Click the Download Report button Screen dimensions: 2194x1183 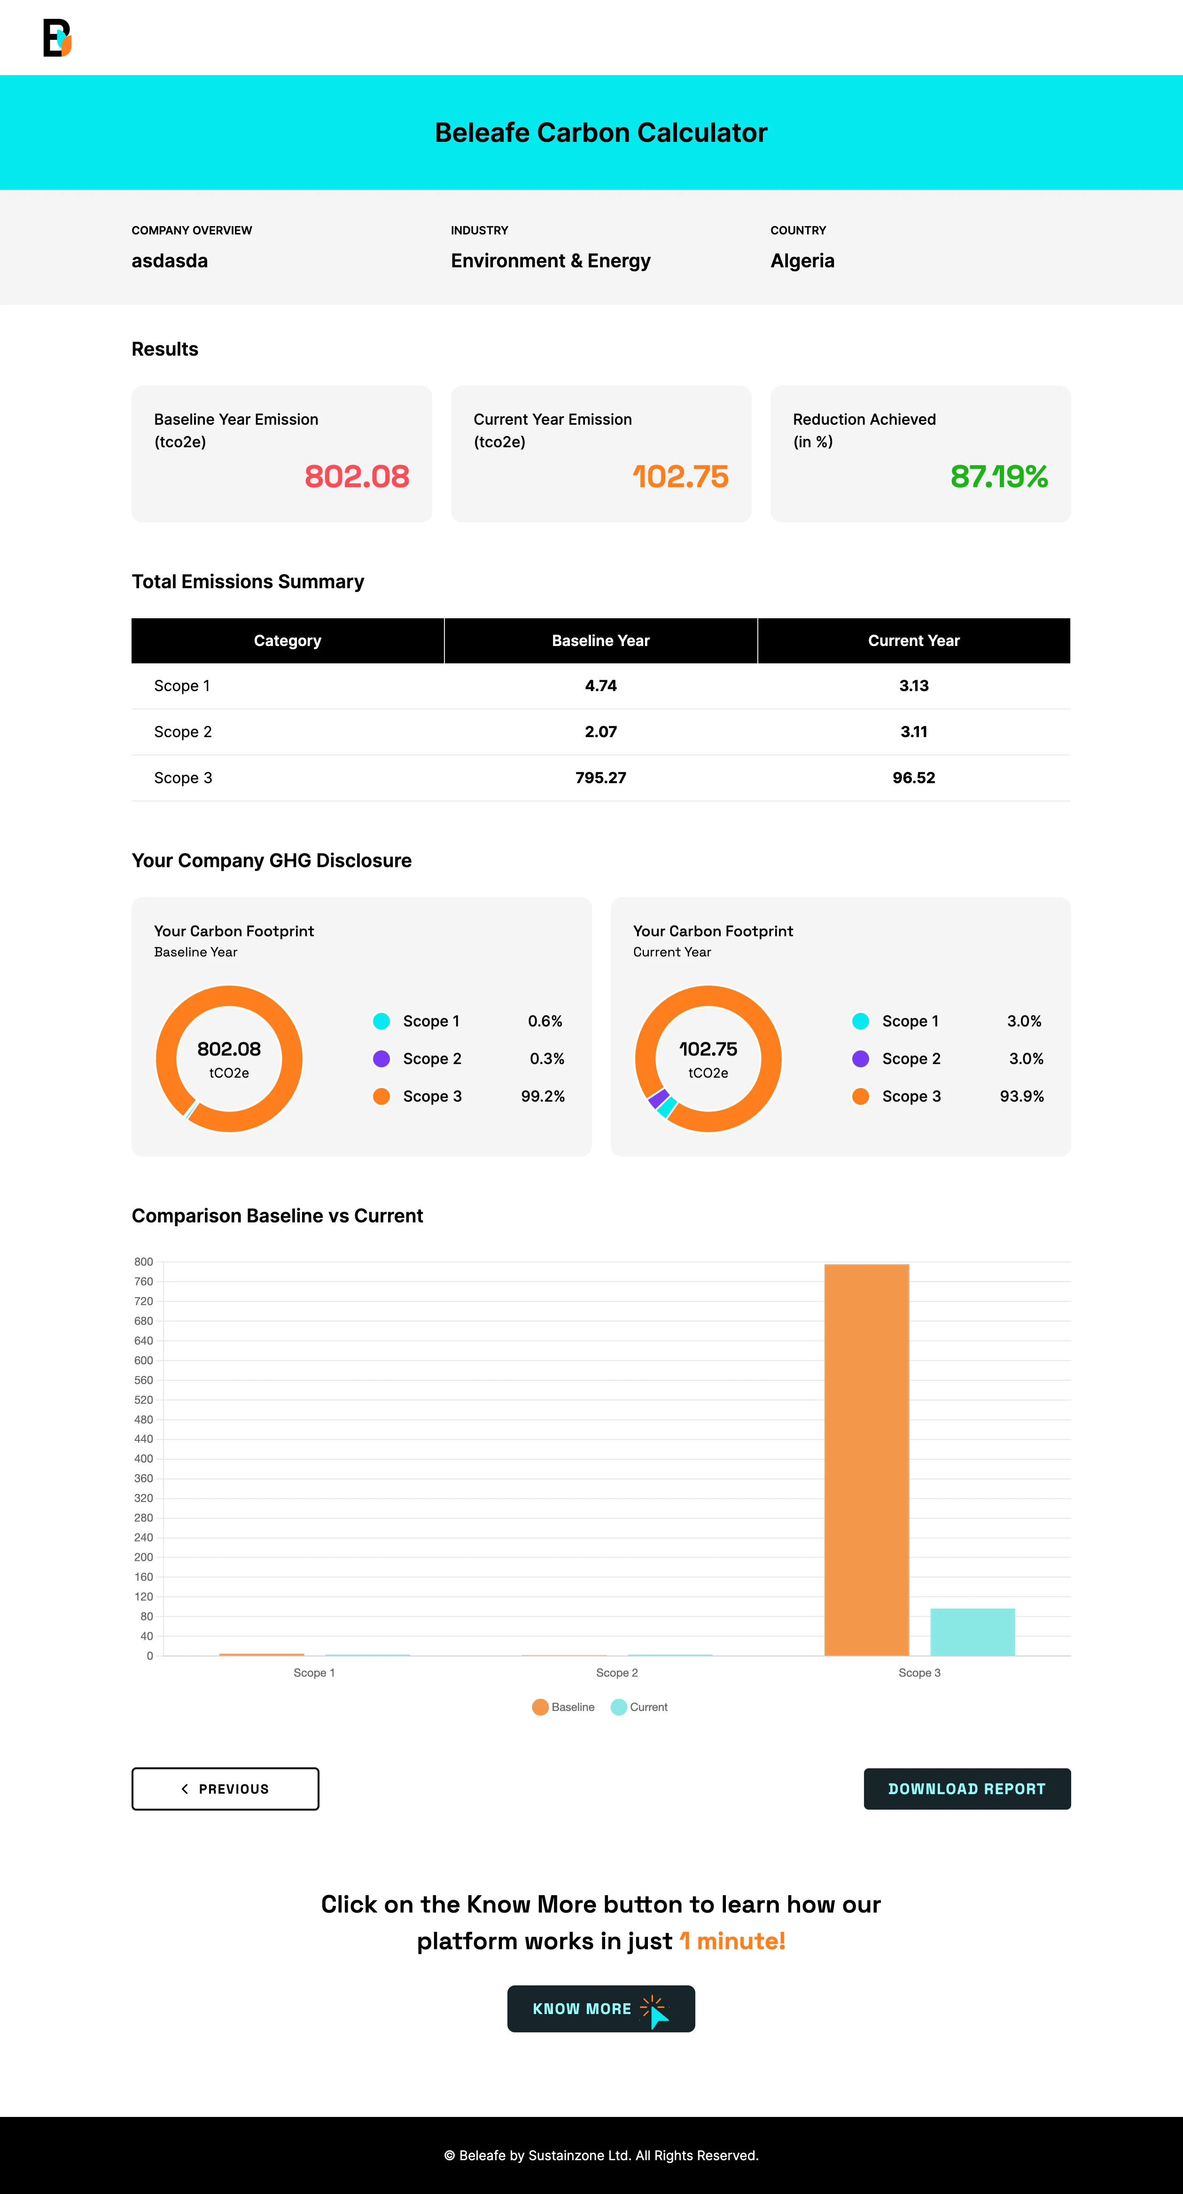(x=967, y=1789)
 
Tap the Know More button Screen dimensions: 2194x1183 (x=600, y=2008)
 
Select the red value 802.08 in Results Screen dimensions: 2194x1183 (x=357, y=476)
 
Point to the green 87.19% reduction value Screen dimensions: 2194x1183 (x=998, y=476)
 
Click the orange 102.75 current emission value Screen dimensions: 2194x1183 (x=680, y=476)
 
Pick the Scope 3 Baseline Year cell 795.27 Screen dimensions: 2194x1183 (x=600, y=778)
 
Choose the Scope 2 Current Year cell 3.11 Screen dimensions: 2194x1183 (x=914, y=731)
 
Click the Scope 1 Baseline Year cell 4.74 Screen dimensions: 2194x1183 (x=600, y=685)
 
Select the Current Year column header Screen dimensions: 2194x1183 (x=914, y=640)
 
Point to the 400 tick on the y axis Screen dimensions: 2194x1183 (x=143, y=1459)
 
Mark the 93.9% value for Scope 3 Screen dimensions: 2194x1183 (x=1021, y=1096)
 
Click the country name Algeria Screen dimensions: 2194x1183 (x=802, y=261)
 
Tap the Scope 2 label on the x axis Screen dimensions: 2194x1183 (x=616, y=1673)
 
